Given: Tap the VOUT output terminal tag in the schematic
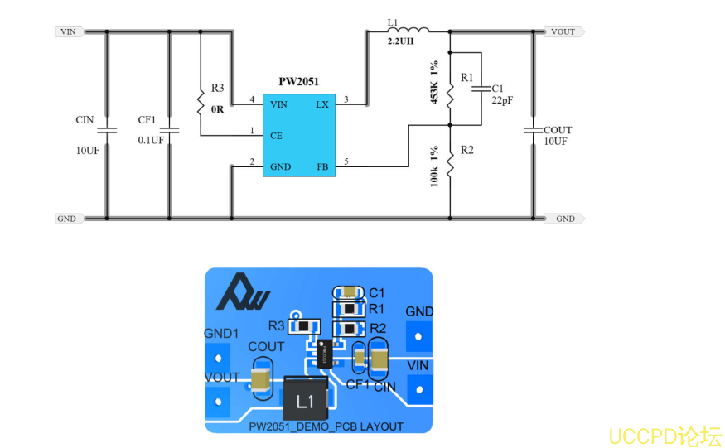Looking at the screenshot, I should tap(563, 32).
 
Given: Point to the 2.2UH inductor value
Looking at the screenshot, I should tap(401, 41).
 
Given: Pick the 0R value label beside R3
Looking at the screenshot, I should tap(217, 108).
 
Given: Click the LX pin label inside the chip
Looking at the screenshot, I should tap(321, 104).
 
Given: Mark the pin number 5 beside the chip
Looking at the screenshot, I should tap(346, 161).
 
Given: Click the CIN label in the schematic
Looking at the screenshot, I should tap(85, 120).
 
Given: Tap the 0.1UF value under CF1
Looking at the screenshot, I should tap(151, 140).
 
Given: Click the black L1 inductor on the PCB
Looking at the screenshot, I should tap(305, 401).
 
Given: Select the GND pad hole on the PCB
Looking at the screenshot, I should tap(419, 337).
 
